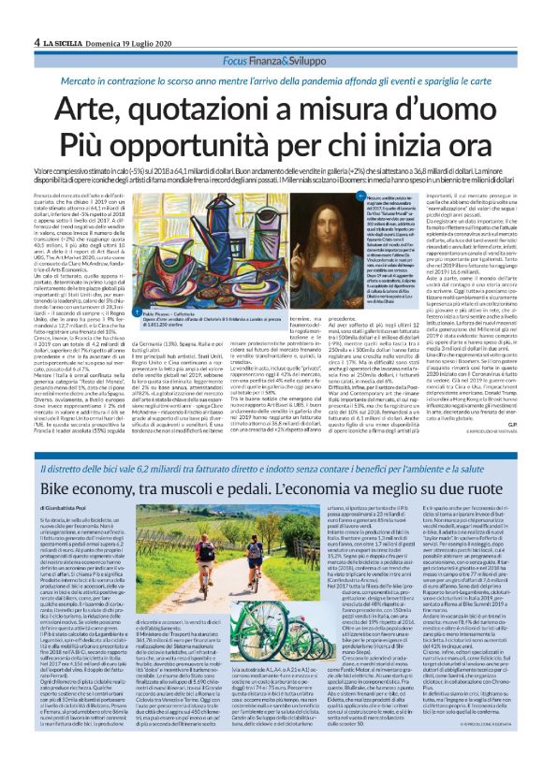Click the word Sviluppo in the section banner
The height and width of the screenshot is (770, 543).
310,34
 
